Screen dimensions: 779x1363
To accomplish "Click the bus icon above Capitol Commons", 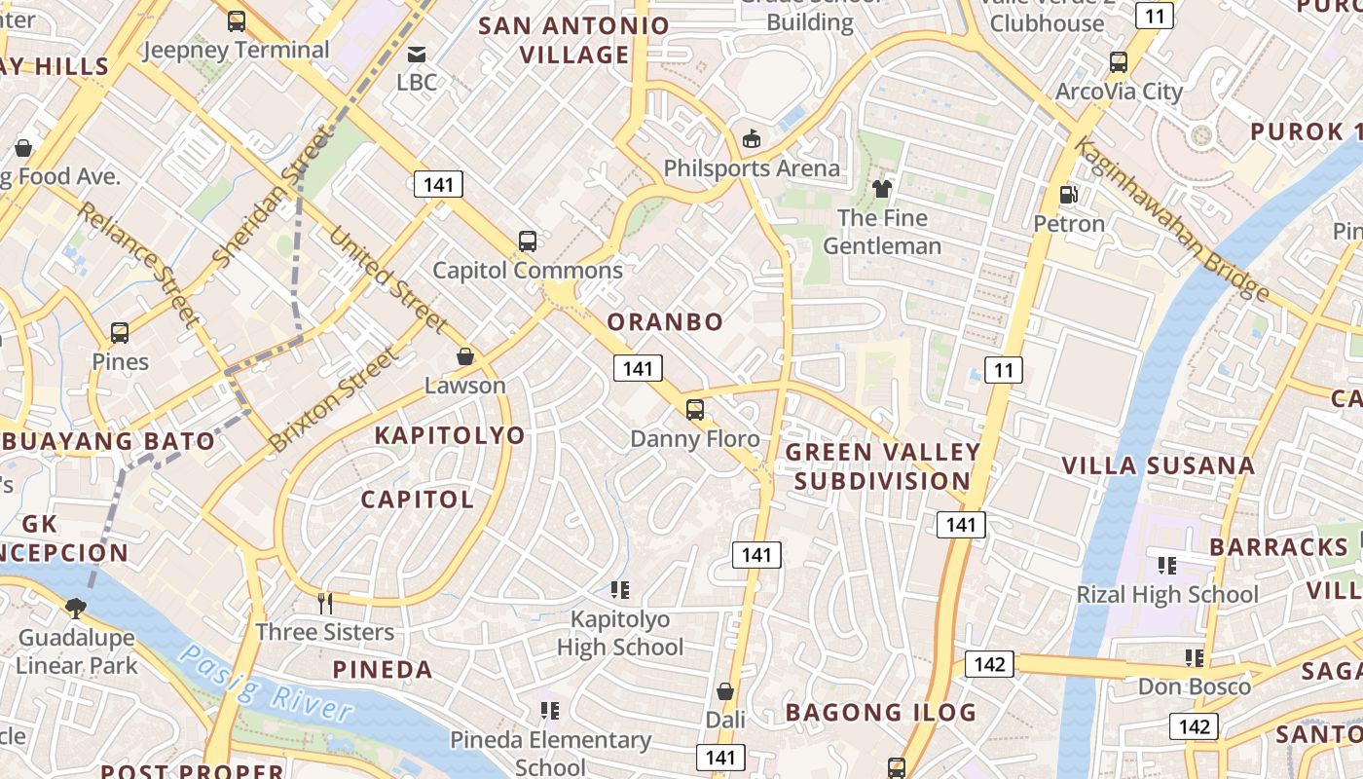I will (x=527, y=241).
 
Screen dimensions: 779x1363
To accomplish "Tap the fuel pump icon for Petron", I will (x=1068, y=195).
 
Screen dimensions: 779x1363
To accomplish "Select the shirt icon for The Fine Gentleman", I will (x=882, y=188).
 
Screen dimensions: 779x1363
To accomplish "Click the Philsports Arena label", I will (x=751, y=168).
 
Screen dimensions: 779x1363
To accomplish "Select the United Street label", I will (x=387, y=279).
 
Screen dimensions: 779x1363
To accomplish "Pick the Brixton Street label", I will (x=334, y=399).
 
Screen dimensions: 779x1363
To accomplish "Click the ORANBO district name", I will (x=665, y=321).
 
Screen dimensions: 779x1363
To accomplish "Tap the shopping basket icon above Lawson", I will (x=465, y=356).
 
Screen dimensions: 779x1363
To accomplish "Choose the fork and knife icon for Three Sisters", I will (x=325, y=604).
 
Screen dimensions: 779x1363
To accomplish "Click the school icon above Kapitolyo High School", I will (x=620, y=589).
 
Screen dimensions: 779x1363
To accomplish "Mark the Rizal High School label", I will (x=1166, y=594).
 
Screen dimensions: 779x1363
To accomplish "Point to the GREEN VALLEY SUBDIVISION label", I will (x=882, y=466).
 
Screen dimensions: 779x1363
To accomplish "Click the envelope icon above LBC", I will (x=417, y=54).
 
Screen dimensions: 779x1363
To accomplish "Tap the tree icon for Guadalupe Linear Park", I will (x=75, y=609).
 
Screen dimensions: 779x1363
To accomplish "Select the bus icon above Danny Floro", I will (x=694, y=409).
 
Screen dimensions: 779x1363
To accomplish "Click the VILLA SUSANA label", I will (x=1158, y=465).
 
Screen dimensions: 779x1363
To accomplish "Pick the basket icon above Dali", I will (x=724, y=691).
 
